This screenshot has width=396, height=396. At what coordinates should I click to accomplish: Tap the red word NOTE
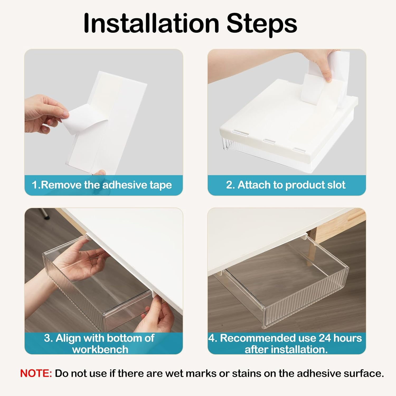36,373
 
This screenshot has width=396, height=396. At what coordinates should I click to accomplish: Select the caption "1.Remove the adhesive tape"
102,185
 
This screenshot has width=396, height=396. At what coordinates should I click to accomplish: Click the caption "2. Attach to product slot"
286,185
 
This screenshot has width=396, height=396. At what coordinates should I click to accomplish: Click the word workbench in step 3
100,350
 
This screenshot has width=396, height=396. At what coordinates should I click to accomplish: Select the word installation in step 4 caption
286,350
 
